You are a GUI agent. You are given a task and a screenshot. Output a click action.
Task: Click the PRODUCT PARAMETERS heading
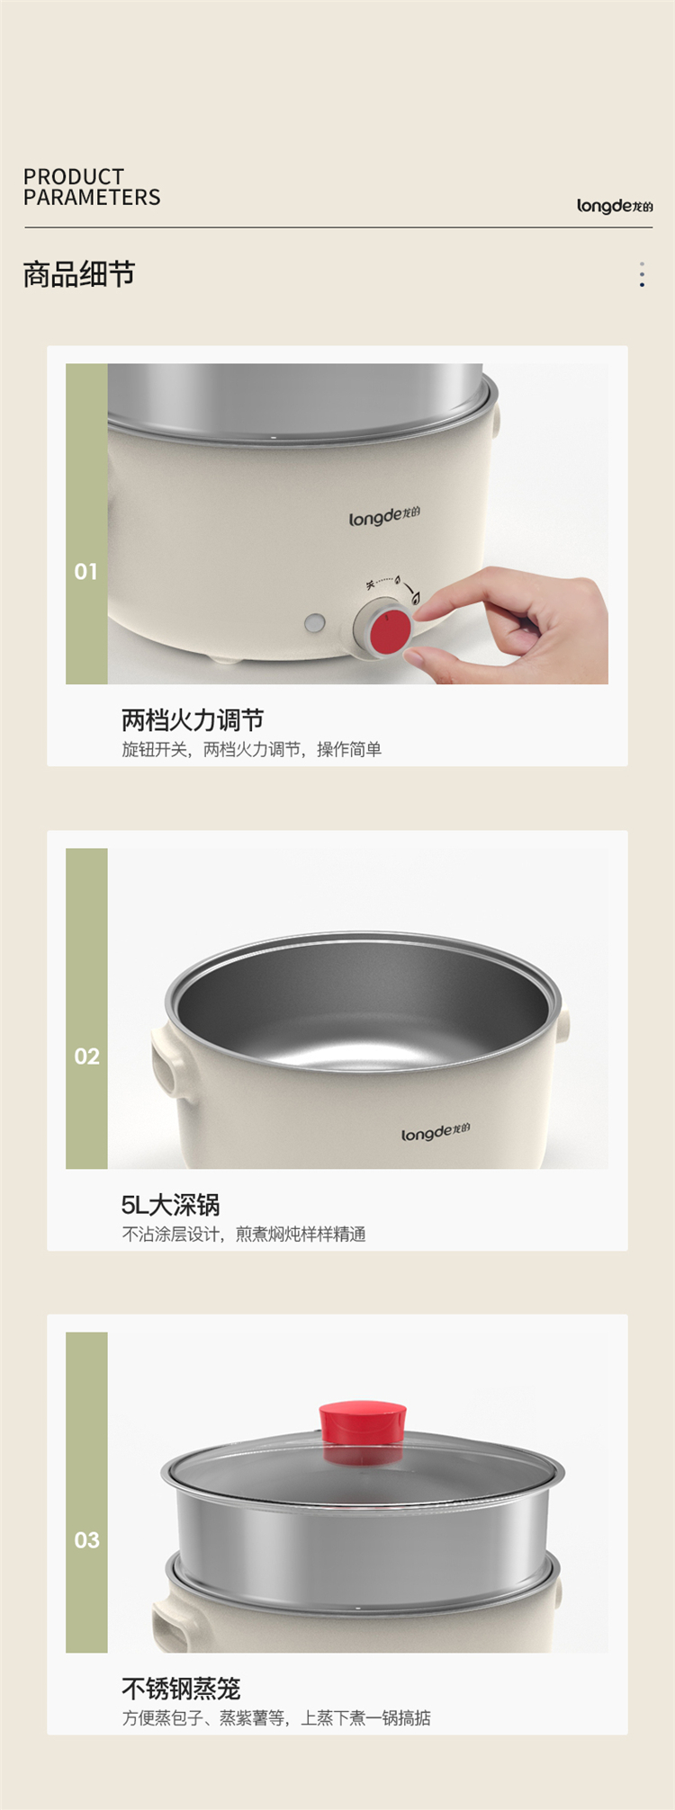click(92, 187)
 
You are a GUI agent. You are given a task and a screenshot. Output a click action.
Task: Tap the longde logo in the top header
click(615, 206)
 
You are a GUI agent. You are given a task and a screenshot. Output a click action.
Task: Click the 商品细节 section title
click(79, 274)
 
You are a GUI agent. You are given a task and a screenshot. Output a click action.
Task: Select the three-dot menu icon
click(642, 274)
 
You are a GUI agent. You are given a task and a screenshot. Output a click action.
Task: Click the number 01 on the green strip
click(86, 572)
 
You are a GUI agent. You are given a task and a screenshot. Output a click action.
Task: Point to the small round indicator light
click(315, 622)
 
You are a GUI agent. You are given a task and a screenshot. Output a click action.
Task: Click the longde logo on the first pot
click(384, 517)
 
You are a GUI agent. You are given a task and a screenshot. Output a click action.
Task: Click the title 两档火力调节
click(193, 719)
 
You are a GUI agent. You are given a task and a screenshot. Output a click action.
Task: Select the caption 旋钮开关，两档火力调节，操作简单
click(252, 749)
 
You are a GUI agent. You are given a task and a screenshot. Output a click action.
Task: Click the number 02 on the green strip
click(86, 1057)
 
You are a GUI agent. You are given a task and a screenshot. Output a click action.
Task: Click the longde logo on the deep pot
click(436, 1132)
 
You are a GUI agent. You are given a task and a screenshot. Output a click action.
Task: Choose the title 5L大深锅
click(171, 1205)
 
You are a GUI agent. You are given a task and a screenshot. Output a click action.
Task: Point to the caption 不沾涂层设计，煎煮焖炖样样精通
click(244, 1234)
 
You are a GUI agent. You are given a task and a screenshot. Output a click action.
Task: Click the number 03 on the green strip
click(86, 1540)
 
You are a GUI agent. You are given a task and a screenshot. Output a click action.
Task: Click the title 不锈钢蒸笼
click(181, 1689)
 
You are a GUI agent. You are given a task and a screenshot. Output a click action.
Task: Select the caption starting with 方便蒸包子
click(276, 1718)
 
